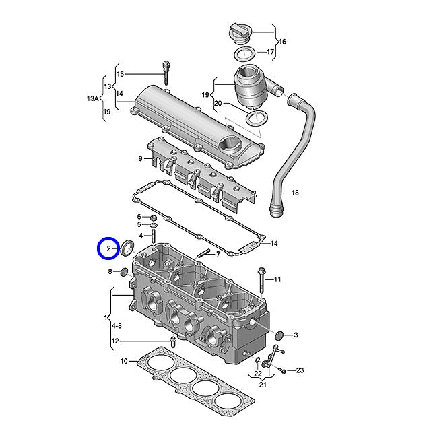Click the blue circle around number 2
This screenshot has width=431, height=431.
click(97, 248)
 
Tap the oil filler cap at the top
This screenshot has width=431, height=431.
click(239, 34)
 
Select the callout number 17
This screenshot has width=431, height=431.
click(270, 52)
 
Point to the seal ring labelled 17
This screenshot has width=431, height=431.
click(244, 54)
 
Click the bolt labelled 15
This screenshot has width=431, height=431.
click(166, 73)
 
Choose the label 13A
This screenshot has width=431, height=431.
click(93, 98)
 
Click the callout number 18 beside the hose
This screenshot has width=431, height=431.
click(295, 193)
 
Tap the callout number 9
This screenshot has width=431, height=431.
click(141, 159)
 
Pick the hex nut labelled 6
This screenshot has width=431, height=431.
click(154, 218)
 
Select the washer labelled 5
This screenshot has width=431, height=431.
click(154, 226)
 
